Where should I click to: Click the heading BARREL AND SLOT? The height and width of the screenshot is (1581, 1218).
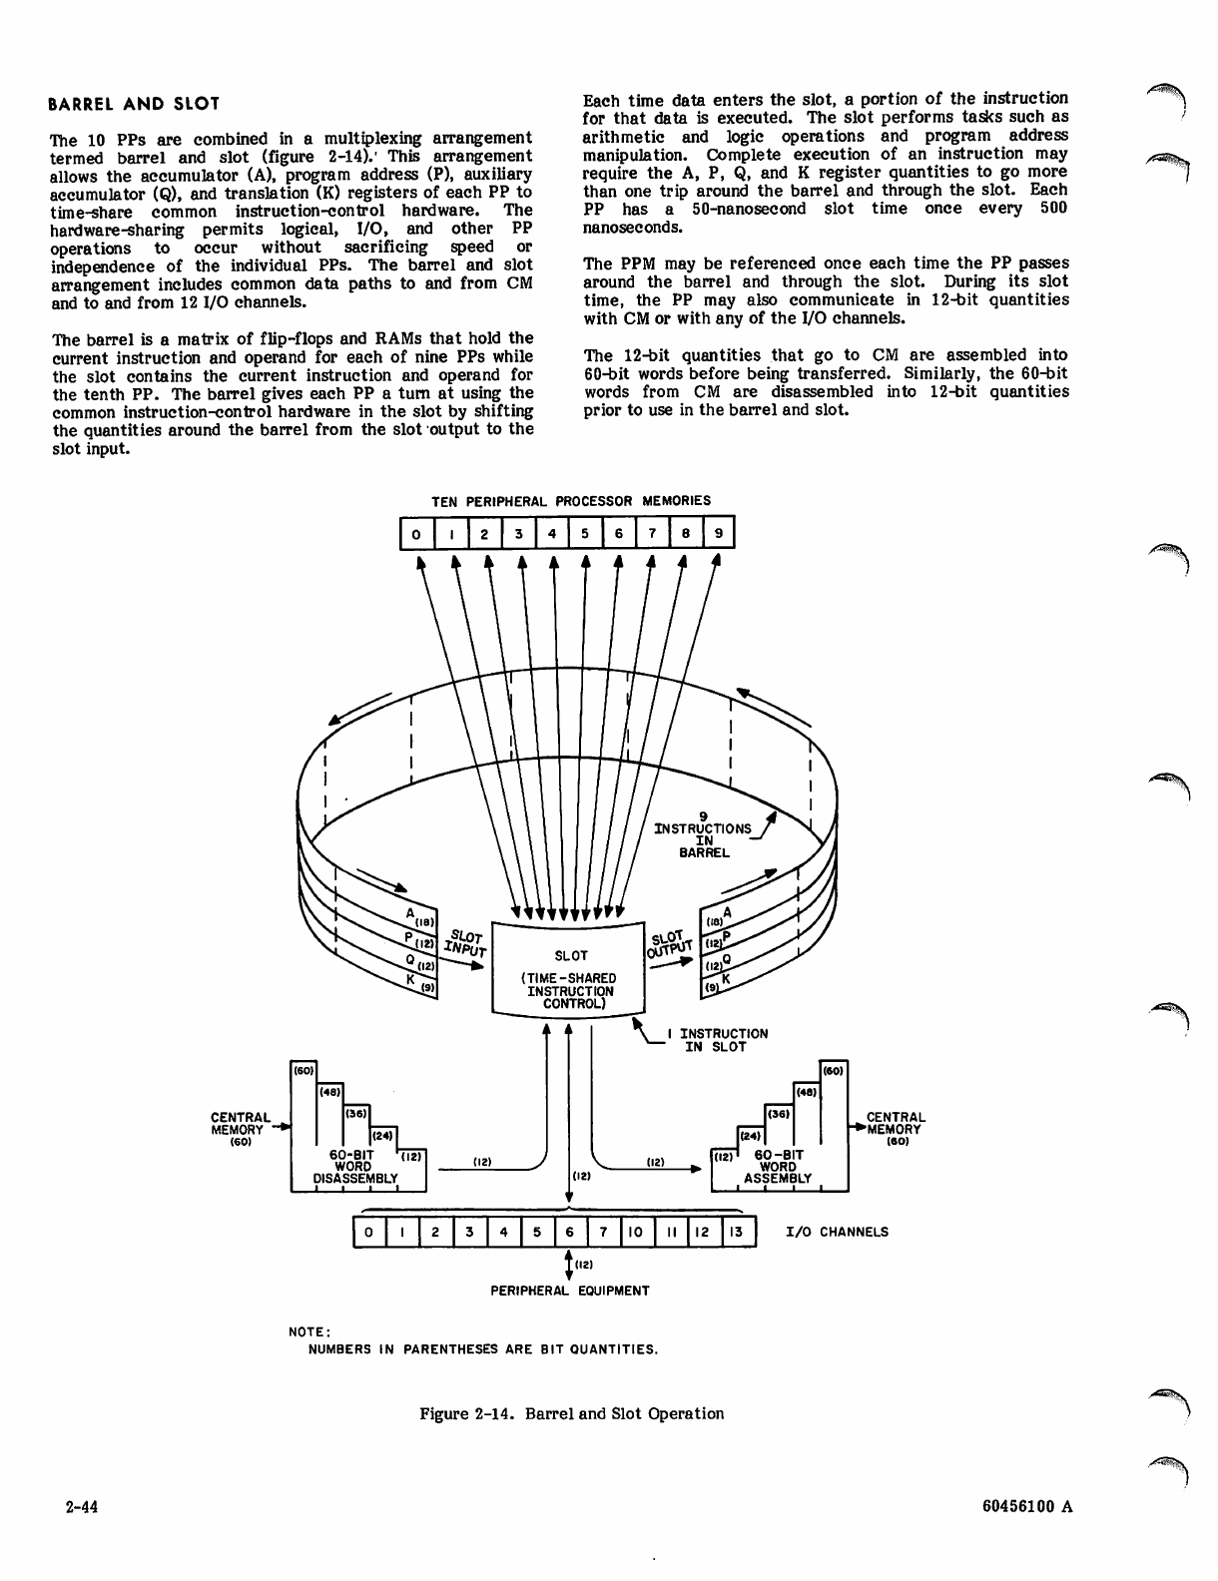tap(135, 104)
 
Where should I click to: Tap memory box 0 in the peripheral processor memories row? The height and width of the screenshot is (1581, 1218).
tap(415, 534)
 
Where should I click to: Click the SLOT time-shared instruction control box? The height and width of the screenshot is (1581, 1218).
tap(570, 969)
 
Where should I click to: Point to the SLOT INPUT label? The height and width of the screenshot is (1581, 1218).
tap(465, 944)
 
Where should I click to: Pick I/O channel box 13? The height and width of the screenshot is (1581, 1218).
tap(736, 1233)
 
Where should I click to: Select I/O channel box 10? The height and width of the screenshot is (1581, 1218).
tap(635, 1233)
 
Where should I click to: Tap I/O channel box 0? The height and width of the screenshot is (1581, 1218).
tap(369, 1233)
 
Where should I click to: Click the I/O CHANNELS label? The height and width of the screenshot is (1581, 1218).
tap(837, 1232)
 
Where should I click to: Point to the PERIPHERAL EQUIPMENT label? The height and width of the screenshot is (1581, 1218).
tap(569, 1291)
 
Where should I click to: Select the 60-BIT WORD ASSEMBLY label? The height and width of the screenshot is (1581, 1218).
tap(778, 1167)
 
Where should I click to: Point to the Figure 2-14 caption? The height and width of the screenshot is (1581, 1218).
tap(571, 1413)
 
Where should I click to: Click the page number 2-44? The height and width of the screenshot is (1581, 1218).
tap(73, 1507)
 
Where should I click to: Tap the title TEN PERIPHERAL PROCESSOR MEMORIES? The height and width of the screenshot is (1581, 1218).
tap(570, 501)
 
